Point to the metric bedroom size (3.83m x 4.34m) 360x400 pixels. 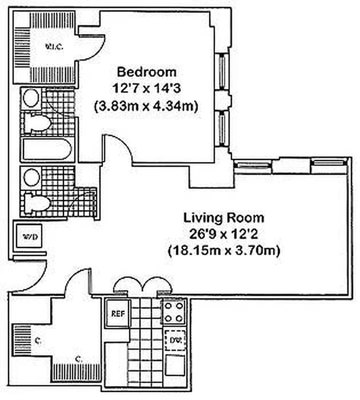[x=146, y=105]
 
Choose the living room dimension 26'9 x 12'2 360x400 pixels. [x=224, y=234]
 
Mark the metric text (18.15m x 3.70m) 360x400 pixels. [x=224, y=250]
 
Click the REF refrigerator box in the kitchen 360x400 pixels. [x=118, y=313]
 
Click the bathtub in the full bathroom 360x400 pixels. [x=47, y=149]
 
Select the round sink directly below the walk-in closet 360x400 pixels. [x=31, y=98]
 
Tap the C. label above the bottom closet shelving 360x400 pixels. [x=79, y=358]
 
